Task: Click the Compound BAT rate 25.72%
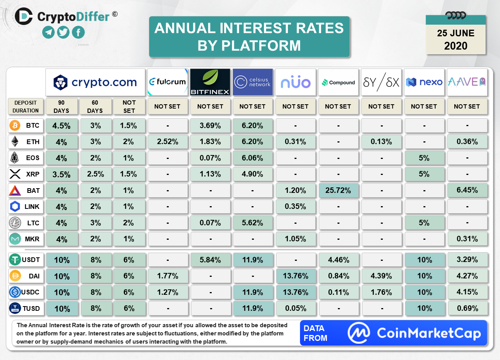click(x=338, y=191)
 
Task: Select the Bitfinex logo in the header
click(x=210, y=82)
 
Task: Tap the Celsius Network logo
click(x=253, y=82)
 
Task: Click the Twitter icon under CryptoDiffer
click(x=63, y=32)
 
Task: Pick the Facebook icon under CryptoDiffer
click(x=78, y=32)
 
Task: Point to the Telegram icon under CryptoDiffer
click(x=48, y=32)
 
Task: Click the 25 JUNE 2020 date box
click(x=455, y=39)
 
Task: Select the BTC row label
click(x=33, y=126)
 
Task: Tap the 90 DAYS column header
click(x=61, y=106)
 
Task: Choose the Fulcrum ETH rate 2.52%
click(x=167, y=142)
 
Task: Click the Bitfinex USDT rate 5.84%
click(x=210, y=260)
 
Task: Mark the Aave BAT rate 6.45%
click(x=467, y=191)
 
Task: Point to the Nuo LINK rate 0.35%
click(x=295, y=207)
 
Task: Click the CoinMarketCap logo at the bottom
click(x=415, y=333)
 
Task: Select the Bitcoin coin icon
click(x=15, y=126)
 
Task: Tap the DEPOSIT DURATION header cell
click(x=25, y=106)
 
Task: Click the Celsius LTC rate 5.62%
click(x=253, y=223)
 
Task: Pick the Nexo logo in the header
click(x=424, y=82)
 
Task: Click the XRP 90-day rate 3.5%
click(x=61, y=175)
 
